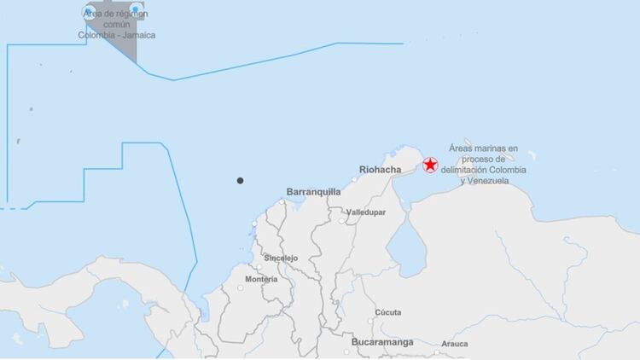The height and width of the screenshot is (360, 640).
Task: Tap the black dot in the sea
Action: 241,180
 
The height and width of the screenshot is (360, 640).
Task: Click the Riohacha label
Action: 381,170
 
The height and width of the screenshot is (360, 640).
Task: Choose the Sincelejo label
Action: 281,257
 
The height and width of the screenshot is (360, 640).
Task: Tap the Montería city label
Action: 260,279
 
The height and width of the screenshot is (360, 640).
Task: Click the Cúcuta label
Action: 387,312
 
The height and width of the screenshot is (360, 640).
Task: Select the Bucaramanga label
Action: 381,342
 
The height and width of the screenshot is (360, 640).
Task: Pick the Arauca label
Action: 454,344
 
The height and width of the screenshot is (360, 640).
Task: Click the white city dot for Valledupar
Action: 342,221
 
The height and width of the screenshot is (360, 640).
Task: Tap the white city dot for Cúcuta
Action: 370,321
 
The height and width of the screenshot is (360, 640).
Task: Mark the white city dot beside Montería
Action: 241,287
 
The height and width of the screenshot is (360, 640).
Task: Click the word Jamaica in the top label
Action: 138,35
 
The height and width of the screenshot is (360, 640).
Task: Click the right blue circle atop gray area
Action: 135,10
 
